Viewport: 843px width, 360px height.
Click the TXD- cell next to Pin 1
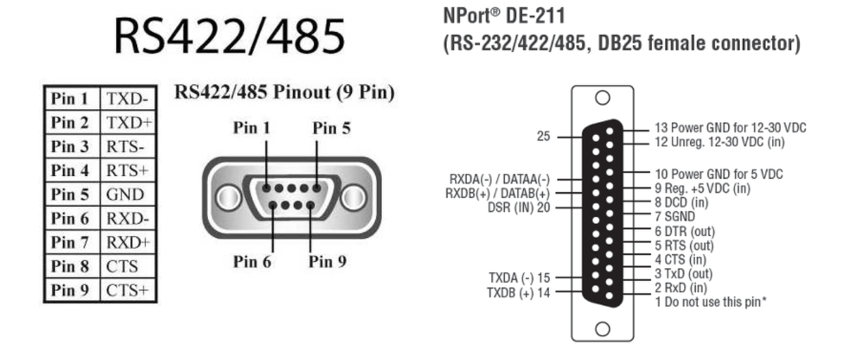[127, 99]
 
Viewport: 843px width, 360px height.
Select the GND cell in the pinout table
[127, 194]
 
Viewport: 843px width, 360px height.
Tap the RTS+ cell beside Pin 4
[127, 170]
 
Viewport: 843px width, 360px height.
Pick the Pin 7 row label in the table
[71, 242]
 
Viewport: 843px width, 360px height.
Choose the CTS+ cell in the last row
[127, 290]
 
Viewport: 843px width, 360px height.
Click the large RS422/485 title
[229, 38]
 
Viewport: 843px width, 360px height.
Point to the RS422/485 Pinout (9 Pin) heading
[285, 92]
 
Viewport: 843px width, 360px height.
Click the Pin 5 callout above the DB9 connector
[332, 128]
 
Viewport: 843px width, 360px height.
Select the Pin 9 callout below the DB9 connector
[326, 262]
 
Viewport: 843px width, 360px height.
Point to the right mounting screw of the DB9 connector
[353, 198]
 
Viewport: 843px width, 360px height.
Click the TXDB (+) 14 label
[516, 291]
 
